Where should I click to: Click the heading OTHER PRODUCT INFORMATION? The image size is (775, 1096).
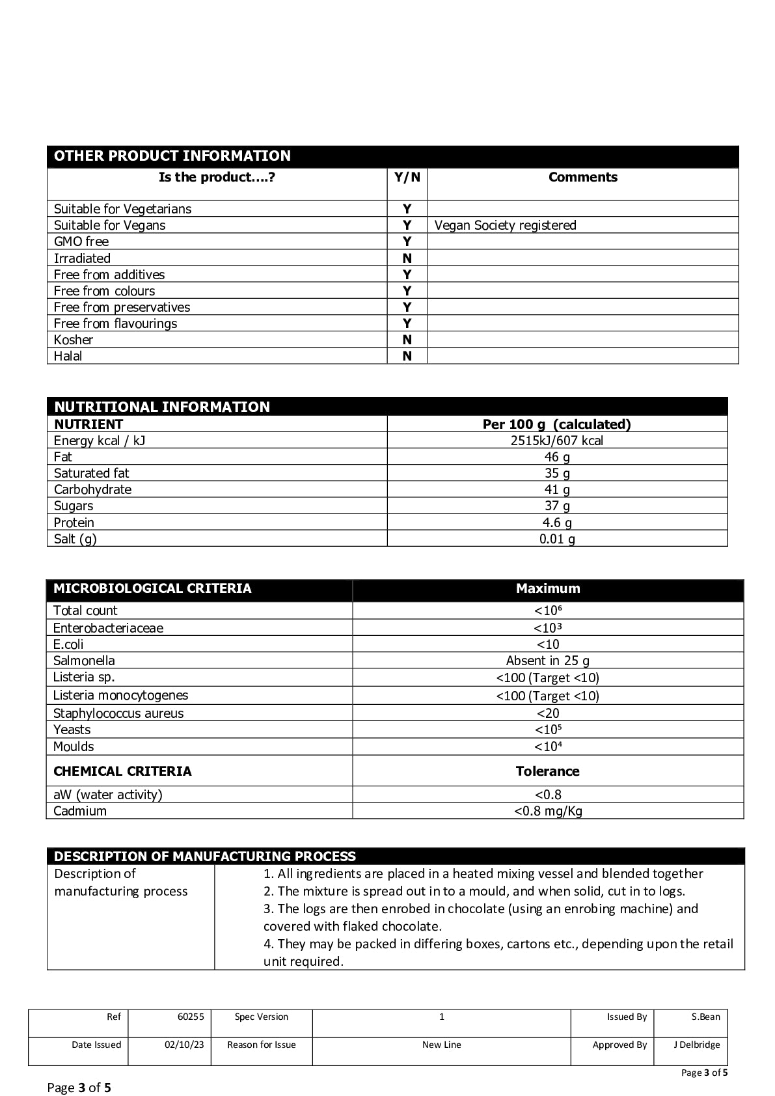[172, 156]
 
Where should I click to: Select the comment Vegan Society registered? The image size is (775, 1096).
[505, 225]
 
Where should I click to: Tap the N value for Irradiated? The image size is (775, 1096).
[407, 258]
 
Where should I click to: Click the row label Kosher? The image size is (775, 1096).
[74, 340]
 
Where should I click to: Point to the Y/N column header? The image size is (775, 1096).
[407, 177]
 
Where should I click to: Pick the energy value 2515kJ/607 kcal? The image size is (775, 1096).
[556, 441]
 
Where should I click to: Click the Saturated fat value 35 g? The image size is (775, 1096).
[556, 473]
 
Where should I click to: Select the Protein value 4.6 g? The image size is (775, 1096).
[556, 523]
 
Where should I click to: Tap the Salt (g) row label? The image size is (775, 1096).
[75, 539]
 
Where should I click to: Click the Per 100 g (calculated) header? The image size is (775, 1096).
[556, 424]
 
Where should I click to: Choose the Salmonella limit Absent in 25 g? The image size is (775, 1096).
[547, 661]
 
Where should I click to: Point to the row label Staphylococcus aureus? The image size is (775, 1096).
[118, 713]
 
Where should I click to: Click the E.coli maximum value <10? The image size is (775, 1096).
[547, 644]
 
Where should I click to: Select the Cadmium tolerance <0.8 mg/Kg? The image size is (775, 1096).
[547, 811]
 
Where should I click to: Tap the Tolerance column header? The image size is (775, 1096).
[547, 771]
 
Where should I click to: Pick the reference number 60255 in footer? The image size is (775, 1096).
[191, 1017]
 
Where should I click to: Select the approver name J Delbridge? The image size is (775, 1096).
[696, 1045]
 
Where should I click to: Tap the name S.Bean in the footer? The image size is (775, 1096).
[705, 1017]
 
